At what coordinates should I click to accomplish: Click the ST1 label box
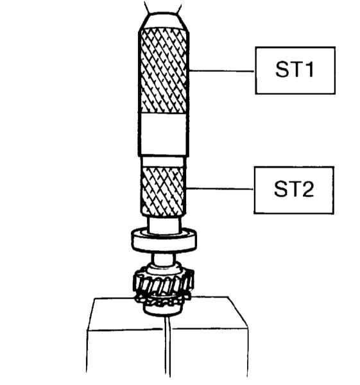coord(295,70)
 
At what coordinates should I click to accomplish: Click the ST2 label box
coord(294,191)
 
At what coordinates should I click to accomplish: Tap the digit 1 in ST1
coord(309,70)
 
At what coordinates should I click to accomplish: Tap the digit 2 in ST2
coord(307,189)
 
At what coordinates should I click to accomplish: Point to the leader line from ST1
coord(222,71)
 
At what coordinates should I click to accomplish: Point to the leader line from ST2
coord(219,189)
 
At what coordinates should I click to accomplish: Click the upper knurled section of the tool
coord(164,70)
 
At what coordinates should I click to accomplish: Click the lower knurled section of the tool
coord(163,191)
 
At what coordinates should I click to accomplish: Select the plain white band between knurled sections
coord(163,134)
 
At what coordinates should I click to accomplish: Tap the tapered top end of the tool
coord(164,21)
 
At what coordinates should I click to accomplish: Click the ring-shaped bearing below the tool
coord(164,241)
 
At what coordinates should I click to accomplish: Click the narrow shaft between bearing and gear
coord(164,259)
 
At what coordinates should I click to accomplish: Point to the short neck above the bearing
coord(164,225)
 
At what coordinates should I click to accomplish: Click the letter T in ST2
coord(294,189)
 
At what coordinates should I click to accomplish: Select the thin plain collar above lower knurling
coord(163,161)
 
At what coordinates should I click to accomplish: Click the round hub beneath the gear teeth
coord(163,309)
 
